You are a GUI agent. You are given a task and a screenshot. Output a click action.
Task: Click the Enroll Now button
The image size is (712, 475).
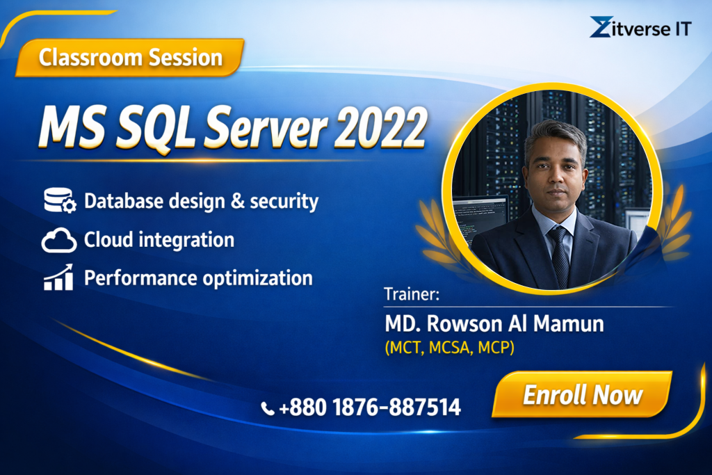[583, 394]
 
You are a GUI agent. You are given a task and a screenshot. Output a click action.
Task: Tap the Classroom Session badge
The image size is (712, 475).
[130, 58]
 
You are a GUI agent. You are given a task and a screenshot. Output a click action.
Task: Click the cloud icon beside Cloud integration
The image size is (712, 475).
[59, 240]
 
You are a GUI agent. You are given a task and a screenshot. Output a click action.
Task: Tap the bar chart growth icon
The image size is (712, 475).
[58, 277]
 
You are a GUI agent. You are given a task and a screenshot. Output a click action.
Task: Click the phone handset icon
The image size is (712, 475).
[268, 408]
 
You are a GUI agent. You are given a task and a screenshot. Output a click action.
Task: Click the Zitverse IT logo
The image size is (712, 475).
[640, 27]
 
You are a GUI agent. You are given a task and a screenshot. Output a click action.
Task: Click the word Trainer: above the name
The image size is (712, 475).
[412, 294]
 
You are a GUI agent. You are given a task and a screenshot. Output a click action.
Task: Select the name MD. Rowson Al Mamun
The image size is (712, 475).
[494, 324]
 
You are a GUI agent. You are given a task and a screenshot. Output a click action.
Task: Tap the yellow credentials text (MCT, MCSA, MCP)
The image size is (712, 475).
[450, 348]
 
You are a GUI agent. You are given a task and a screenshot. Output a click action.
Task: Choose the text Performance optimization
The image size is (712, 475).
[198, 278]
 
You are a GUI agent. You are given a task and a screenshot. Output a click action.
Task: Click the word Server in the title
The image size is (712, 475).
[266, 127]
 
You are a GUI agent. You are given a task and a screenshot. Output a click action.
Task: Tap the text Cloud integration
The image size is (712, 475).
[159, 240]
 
